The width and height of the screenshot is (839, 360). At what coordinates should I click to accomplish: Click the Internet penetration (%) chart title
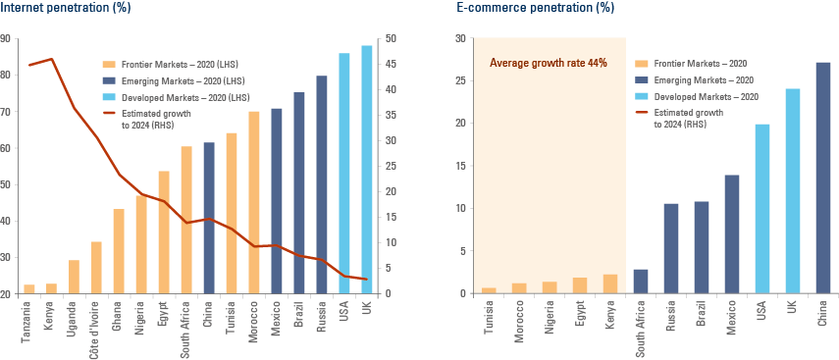(65, 8)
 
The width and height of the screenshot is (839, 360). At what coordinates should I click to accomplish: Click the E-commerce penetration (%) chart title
(535, 8)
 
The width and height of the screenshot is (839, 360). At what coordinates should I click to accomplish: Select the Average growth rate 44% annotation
(548, 63)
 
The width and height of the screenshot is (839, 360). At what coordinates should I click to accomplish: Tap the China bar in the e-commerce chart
(823, 178)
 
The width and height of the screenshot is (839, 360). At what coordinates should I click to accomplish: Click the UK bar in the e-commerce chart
(793, 190)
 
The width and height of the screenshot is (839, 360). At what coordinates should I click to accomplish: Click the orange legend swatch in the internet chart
(109, 64)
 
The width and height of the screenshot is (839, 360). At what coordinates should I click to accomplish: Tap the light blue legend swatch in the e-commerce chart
(642, 97)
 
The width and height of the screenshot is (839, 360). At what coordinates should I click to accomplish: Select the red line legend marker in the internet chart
(109, 113)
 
